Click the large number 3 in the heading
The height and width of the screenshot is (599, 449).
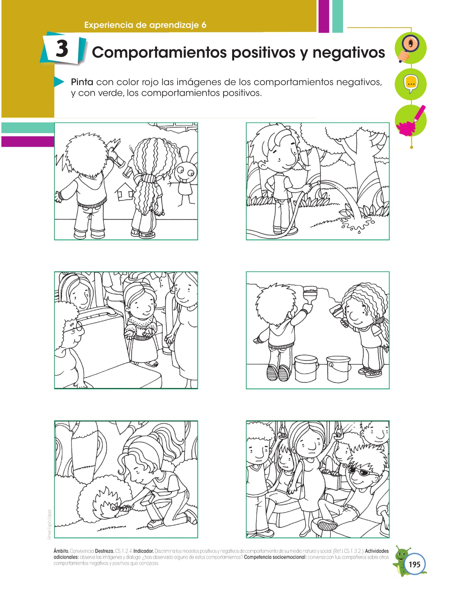point(62,49)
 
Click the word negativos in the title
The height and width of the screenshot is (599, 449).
point(349,52)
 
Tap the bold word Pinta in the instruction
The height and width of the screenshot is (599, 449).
point(82,82)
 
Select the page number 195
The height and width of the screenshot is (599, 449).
point(414,564)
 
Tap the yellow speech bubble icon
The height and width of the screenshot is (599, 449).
point(411,84)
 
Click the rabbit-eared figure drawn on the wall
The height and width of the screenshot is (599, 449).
point(184,176)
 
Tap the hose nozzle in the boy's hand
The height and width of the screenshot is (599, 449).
point(313,185)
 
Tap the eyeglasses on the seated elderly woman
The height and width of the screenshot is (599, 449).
point(75,328)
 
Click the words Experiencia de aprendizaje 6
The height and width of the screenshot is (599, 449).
point(145,25)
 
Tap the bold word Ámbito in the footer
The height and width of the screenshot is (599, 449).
point(61,551)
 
